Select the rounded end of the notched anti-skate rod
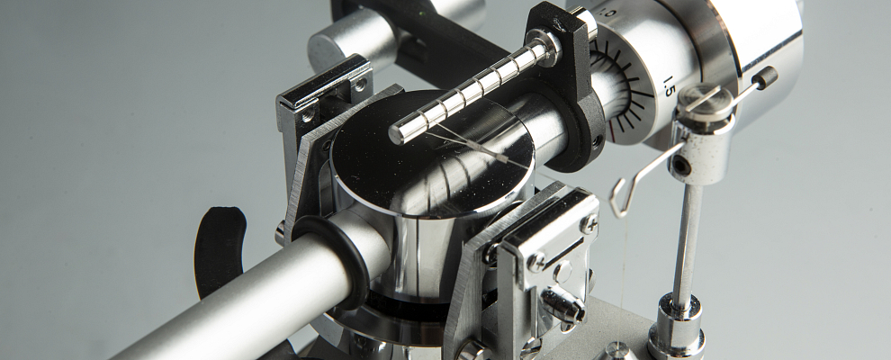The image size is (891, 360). (x=397, y=134)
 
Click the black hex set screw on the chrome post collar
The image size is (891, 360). (x=683, y=166)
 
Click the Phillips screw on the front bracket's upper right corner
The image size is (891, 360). (x=589, y=224)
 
